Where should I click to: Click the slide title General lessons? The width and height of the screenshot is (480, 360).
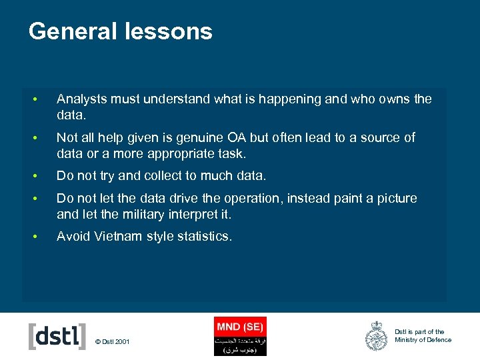point(121,31)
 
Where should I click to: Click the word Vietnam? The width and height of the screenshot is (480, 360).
point(118,237)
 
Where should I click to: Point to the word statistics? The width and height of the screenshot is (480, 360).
point(200,237)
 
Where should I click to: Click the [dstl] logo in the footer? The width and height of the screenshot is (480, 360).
point(57,336)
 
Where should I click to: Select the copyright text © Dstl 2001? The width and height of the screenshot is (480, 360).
point(113,342)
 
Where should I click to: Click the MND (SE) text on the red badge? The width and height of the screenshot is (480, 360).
point(239,327)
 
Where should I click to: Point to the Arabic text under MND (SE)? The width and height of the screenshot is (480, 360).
point(239,345)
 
